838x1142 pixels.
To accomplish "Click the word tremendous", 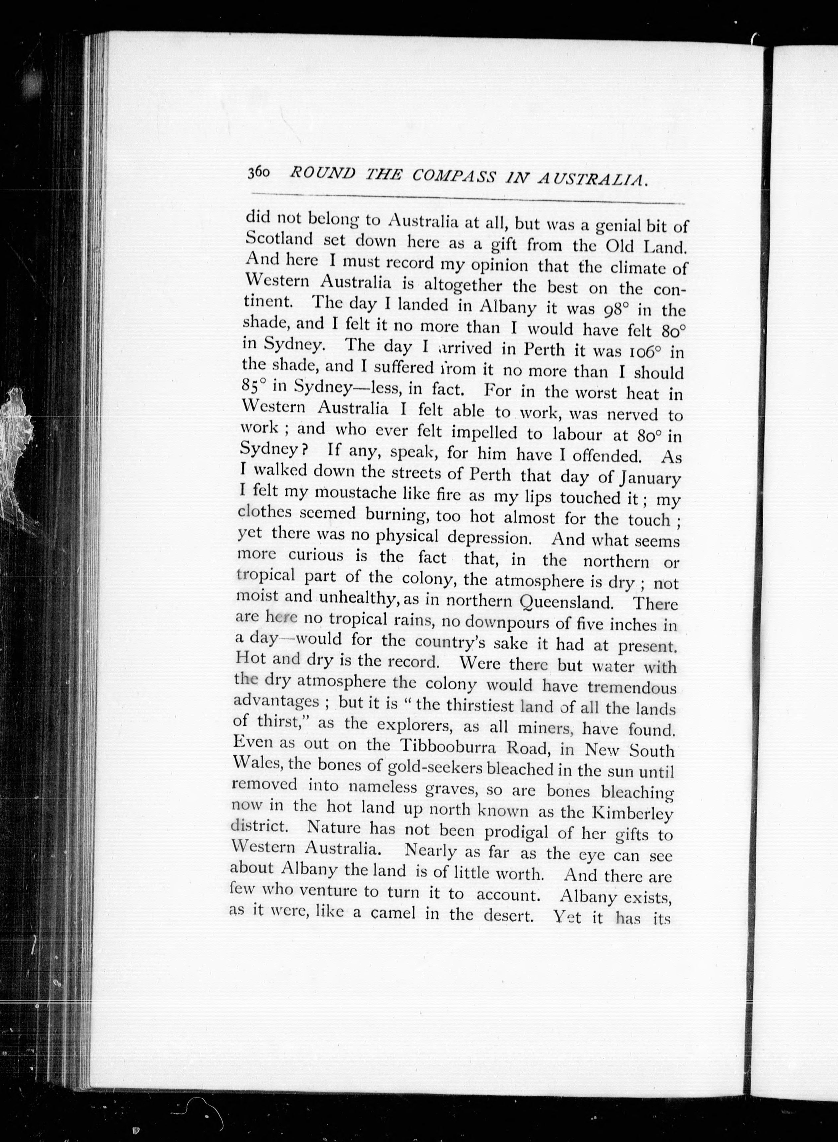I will point(631,688).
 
